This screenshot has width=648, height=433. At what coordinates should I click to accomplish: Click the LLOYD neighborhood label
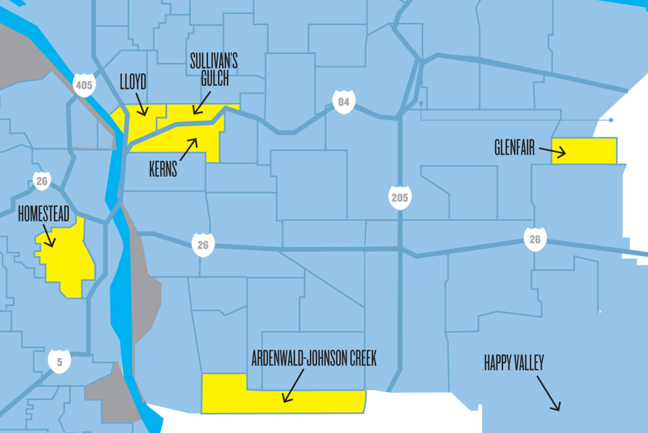click(133, 82)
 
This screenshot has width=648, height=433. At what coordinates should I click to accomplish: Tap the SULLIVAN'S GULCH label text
click(213, 70)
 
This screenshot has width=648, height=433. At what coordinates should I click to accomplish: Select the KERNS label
click(163, 169)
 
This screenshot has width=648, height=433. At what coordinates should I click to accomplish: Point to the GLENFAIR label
click(514, 147)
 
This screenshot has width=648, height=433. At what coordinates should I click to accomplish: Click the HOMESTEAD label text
click(44, 214)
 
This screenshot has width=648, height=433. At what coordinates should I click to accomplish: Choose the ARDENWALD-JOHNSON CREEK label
click(314, 358)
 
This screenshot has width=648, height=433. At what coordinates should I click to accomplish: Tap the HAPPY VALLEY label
click(514, 363)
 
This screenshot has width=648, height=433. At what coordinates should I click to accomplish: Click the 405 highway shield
click(84, 85)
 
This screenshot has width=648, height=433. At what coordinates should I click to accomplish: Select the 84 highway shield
click(344, 102)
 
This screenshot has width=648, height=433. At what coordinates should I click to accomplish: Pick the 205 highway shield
click(400, 198)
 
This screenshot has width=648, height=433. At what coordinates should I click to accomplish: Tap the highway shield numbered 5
click(59, 362)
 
